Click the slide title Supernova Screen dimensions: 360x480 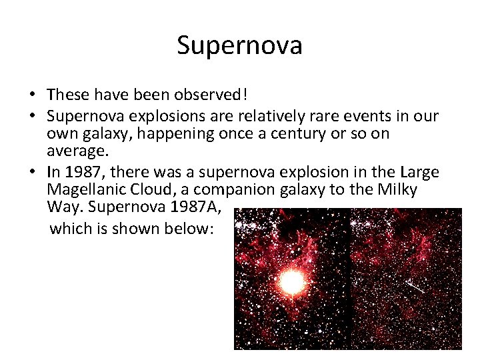(239, 45)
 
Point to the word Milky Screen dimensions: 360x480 (397, 190)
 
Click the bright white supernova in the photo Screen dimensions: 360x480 (291, 283)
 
